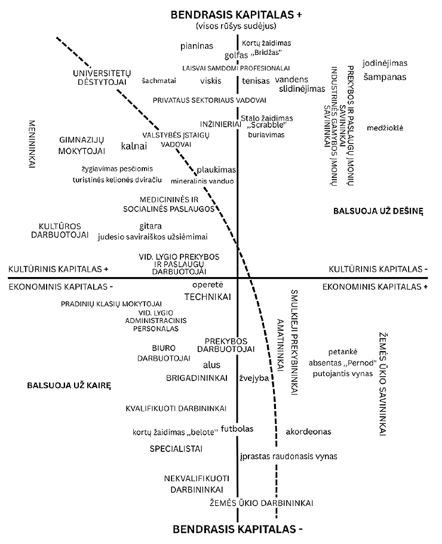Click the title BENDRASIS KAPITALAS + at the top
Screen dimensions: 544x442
(237, 14)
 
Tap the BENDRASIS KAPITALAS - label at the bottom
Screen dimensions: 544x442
(237, 529)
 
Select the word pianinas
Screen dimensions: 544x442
(197, 45)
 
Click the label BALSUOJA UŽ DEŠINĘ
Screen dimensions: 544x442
(378, 211)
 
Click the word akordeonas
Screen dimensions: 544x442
(308, 431)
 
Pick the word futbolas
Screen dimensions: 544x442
(238, 428)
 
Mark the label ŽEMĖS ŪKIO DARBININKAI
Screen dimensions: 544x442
(261, 503)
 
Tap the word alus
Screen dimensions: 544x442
(212, 364)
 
